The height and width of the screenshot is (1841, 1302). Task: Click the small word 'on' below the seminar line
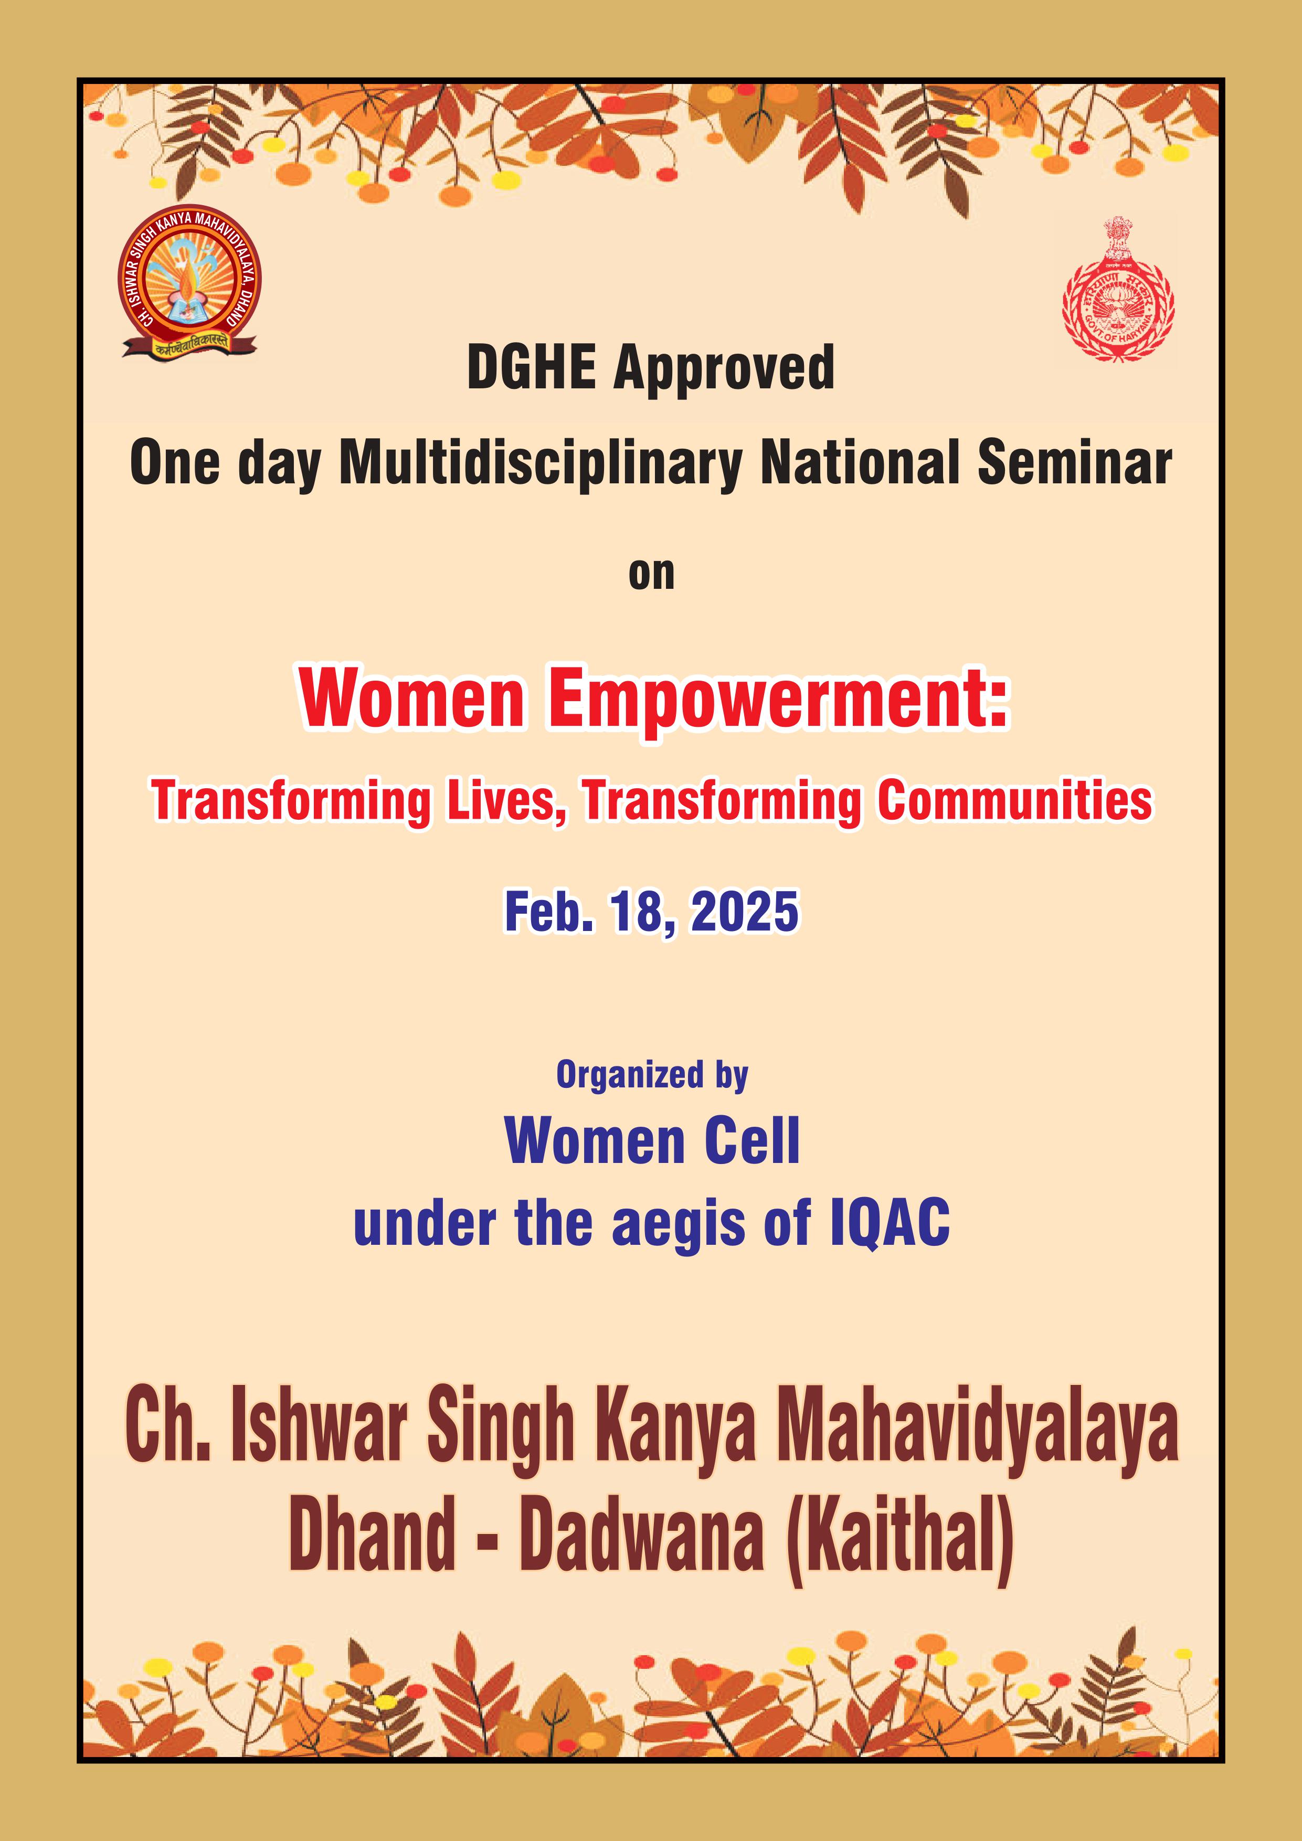(651, 575)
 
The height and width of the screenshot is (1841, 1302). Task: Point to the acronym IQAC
(890, 1224)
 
